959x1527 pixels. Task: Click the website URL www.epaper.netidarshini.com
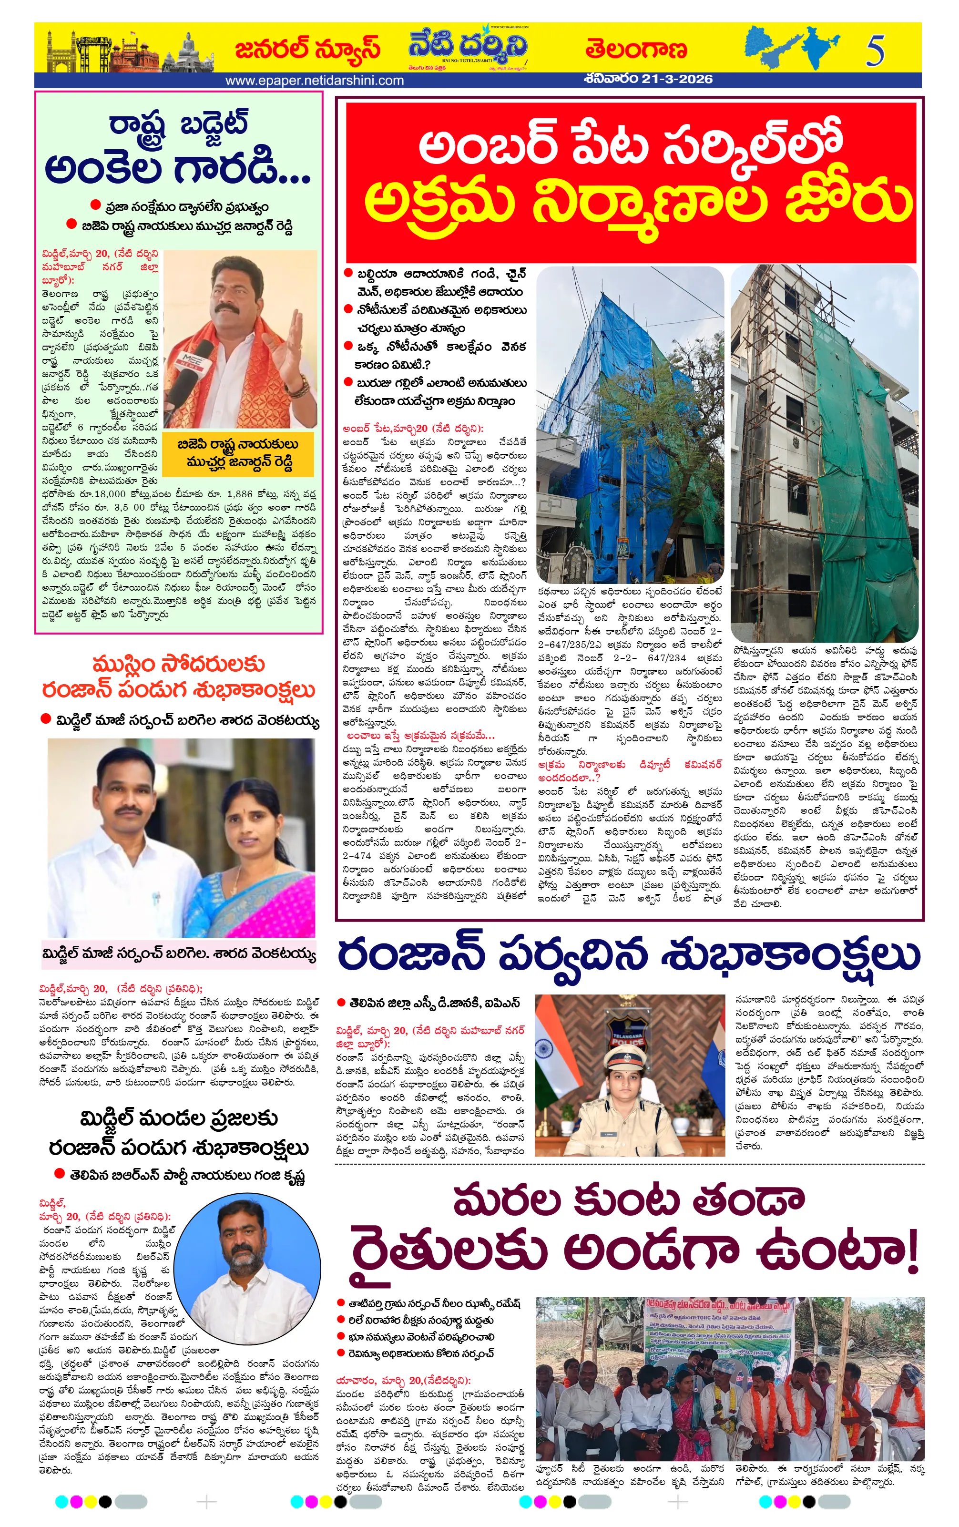click(315, 81)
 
